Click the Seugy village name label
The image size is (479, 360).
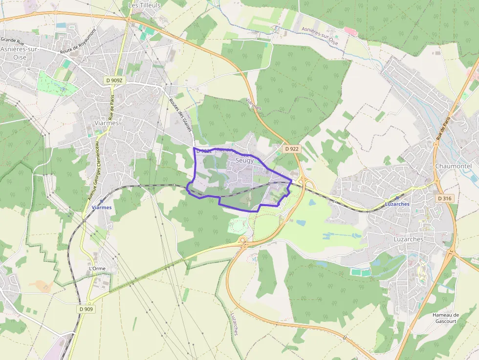tap(244, 160)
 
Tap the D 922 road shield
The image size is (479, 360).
tap(292, 148)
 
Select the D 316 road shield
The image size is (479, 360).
tap(444, 198)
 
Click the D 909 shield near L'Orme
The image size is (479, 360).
tap(86, 309)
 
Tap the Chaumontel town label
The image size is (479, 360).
tap(453, 166)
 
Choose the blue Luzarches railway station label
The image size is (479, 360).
tap(397, 204)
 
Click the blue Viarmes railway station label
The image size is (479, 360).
tap(102, 207)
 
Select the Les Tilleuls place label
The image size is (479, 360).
tap(144, 5)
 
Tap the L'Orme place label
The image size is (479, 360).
tap(97, 269)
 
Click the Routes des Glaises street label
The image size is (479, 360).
tap(180, 115)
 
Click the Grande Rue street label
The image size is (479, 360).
tap(13, 40)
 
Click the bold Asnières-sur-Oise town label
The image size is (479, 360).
tap(20, 53)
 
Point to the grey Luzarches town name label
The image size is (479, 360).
tap(408, 239)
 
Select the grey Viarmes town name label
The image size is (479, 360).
tap(106, 123)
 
